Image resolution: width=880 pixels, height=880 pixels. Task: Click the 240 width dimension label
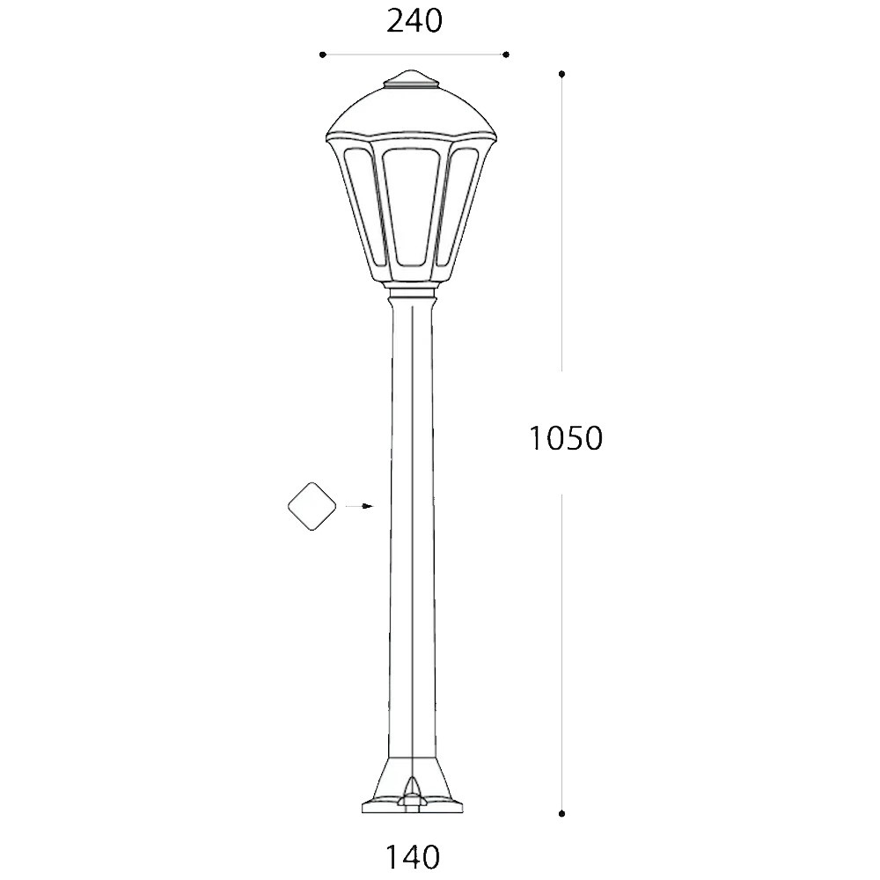(414, 21)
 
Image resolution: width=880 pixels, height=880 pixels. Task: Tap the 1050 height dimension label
(566, 438)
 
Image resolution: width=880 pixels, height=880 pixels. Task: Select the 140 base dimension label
(413, 857)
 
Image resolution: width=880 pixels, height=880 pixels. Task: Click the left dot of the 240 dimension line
(322, 55)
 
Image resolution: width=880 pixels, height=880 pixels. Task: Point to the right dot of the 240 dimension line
(506, 55)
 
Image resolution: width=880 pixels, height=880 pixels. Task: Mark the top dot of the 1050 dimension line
(561, 74)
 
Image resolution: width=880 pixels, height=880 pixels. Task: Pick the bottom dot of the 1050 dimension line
(561, 813)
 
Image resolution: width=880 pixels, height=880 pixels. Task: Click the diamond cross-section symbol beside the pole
(312, 506)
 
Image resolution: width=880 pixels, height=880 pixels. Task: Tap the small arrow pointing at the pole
(359, 506)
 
